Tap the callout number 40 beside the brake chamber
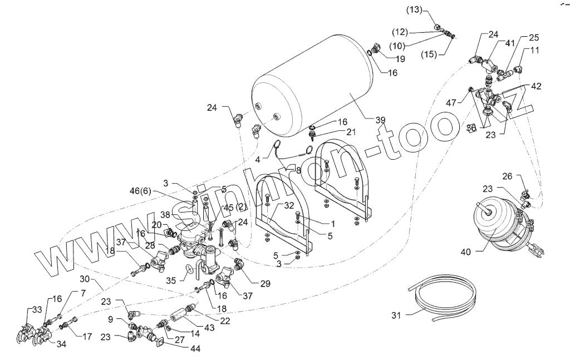click(466, 251)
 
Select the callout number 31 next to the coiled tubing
click(396, 315)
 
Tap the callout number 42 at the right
click(535, 86)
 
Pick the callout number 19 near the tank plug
click(400, 58)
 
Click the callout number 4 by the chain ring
click(258, 159)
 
